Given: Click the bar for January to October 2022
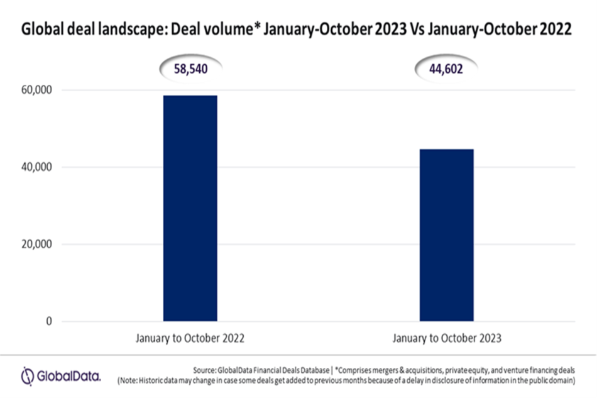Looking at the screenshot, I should (x=190, y=208).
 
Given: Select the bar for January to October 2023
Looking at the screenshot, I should (x=446, y=235).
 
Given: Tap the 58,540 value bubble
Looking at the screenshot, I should (x=190, y=69).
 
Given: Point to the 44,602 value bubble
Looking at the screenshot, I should (x=446, y=69).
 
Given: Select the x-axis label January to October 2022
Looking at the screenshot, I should (x=190, y=338).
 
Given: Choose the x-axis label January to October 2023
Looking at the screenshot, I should (x=447, y=338).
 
